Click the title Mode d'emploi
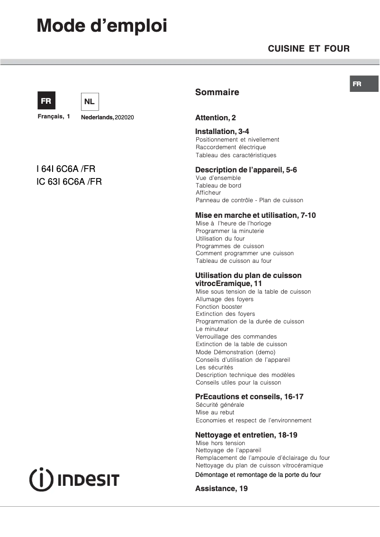(x=102, y=26)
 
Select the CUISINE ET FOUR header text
(x=308, y=48)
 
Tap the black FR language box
(x=46, y=101)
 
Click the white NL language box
(x=90, y=101)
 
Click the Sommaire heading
(x=217, y=92)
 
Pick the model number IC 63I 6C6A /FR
(x=69, y=181)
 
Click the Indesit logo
(x=74, y=479)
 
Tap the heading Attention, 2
(x=215, y=118)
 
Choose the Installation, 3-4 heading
(x=222, y=132)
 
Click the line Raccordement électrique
(x=231, y=147)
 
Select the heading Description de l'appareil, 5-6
(x=246, y=170)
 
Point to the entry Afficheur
(x=208, y=193)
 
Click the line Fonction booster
(x=219, y=306)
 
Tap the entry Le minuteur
(x=212, y=329)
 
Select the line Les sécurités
(x=214, y=367)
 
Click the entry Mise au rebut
(x=215, y=412)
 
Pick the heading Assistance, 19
(x=221, y=488)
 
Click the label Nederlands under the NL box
(x=98, y=117)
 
